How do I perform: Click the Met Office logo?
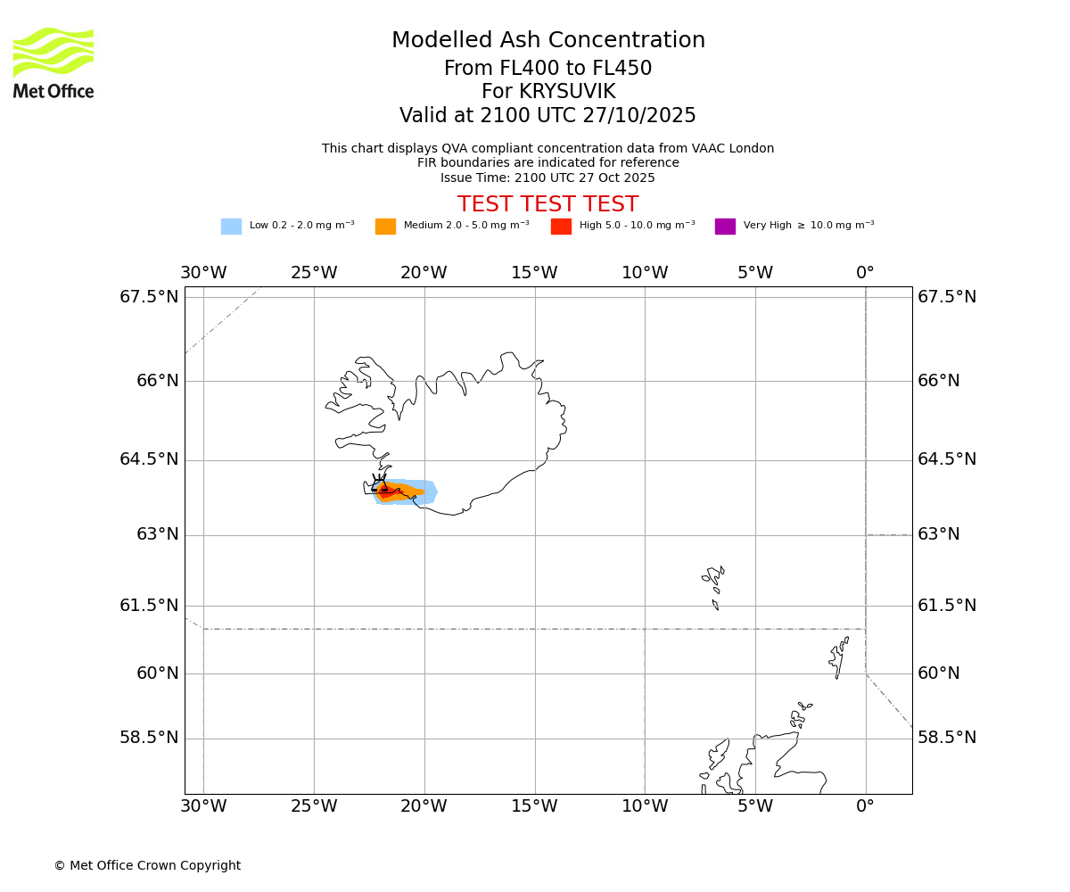pyautogui.click(x=53, y=62)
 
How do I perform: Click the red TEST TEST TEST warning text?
pyautogui.click(x=547, y=205)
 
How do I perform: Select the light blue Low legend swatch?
pyautogui.click(x=231, y=227)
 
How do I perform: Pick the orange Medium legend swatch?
pyautogui.click(x=385, y=227)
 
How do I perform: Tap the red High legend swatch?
pyautogui.click(x=561, y=227)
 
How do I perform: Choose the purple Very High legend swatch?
pyautogui.click(x=725, y=227)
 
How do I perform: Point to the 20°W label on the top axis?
pyautogui.click(x=424, y=273)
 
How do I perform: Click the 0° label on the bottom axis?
pyautogui.click(x=865, y=806)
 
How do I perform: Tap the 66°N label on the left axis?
pyautogui.click(x=157, y=381)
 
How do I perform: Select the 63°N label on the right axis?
pyautogui.click(x=939, y=534)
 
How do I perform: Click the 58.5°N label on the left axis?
pyautogui.click(x=149, y=738)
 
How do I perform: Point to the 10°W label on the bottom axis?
pyautogui.click(x=645, y=806)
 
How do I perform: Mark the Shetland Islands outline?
pyautogui.click(x=838, y=657)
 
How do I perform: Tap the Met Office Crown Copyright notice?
pyautogui.click(x=147, y=865)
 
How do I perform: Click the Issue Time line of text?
pyautogui.click(x=547, y=178)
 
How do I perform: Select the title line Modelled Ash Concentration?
pyautogui.click(x=547, y=40)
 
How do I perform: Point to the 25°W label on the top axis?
pyautogui.click(x=314, y=273)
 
